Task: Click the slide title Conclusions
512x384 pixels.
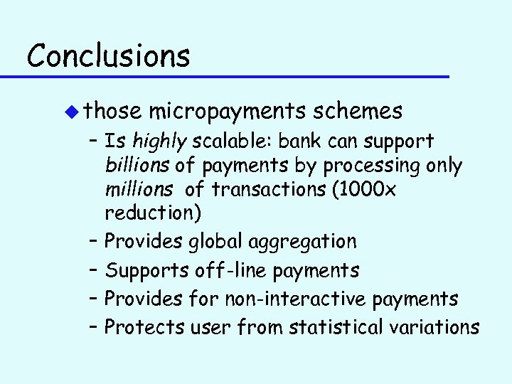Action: pos(108,54)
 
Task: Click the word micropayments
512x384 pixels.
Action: pos(228,112)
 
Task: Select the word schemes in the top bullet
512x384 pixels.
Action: pos(358,112)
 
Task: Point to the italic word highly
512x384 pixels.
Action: pos(156,142)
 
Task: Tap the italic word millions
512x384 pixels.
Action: pos(138,190)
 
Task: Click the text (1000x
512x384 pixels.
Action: pos(373,190)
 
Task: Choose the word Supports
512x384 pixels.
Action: pos(146,270)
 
